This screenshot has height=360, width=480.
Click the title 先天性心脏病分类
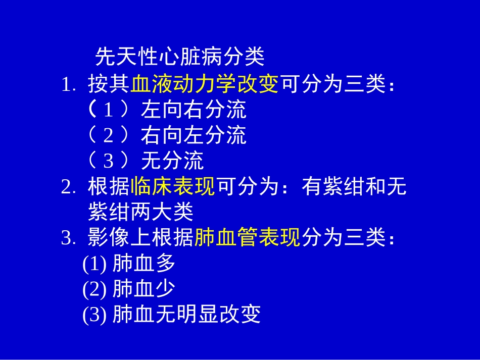[180, 58]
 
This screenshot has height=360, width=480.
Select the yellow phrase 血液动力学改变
[205, 84]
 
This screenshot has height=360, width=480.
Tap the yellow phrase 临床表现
[173, 187]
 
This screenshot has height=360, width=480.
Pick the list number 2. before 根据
[68, 188]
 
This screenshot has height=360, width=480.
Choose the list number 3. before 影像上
[68, 238]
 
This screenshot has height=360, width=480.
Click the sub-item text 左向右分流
[194, 110]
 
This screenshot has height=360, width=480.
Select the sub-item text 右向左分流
[194, 135]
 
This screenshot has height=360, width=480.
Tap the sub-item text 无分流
[172, 161]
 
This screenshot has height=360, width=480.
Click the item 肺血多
[143, 263]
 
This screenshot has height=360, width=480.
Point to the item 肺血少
[143, 289]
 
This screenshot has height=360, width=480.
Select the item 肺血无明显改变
[186, 314]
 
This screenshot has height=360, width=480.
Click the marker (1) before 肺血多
[94, 264]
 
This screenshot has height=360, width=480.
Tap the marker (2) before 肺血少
[94, 289]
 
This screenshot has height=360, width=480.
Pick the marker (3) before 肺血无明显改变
[94, 315]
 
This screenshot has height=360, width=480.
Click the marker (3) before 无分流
[109, 161]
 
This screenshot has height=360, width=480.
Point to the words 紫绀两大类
[140, 212]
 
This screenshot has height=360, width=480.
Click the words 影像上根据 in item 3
[140, 237]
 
